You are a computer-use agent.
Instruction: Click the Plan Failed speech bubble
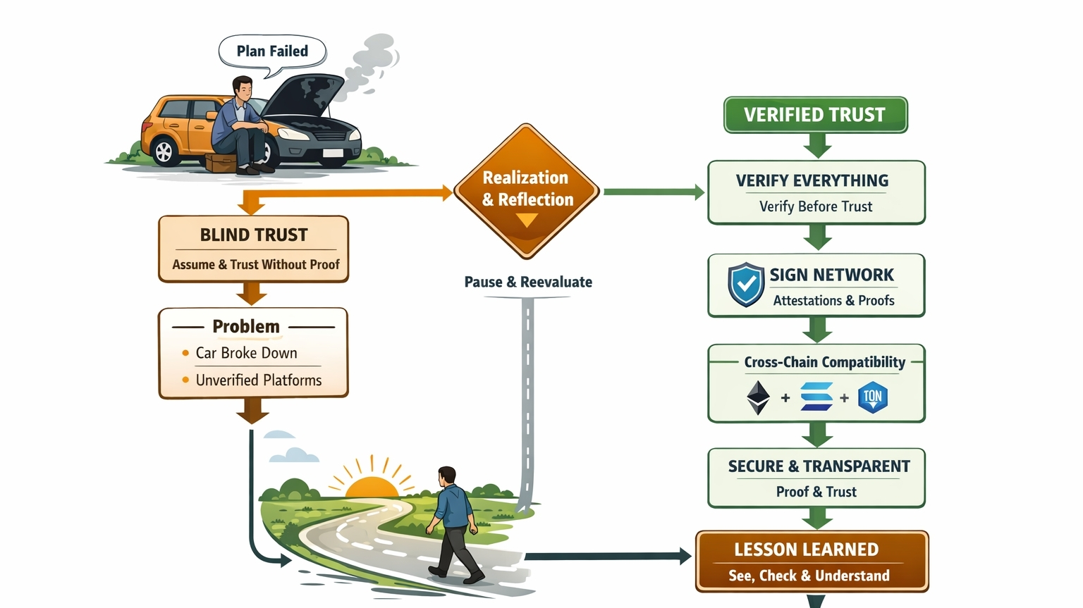(272, 51)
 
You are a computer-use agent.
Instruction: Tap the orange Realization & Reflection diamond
(526, 190)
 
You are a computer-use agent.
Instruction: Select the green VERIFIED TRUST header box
(815, 115)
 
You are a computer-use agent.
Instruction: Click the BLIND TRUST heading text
(254, 235)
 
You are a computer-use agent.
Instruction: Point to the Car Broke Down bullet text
(246, 353)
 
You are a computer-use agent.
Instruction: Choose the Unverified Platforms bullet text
(258, 380)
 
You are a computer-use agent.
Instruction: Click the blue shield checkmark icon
(746, 285)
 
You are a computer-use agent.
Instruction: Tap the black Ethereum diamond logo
(758, 398)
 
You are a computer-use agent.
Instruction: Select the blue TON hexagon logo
(872, 398)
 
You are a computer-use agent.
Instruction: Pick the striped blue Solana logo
(816, 397)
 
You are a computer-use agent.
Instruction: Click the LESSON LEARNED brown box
(812, 562)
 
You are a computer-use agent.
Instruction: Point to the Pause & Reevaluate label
(528, 282)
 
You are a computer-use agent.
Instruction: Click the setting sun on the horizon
(372, 486)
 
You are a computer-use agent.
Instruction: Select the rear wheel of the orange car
(164, 151)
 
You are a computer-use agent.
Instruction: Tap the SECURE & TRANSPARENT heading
(819, 466)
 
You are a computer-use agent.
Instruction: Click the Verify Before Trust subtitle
(815, 206)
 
